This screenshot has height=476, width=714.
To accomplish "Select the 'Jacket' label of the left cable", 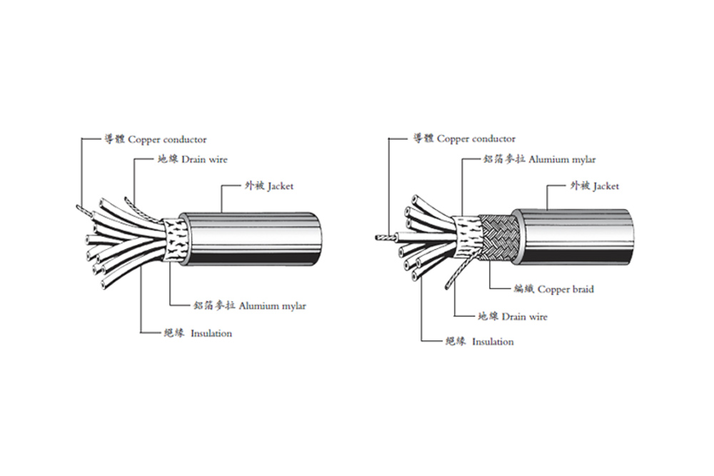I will coord(268,186).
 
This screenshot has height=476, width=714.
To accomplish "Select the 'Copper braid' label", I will coord(553,289).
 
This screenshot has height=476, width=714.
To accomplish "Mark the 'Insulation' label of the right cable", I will coord(479,342).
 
